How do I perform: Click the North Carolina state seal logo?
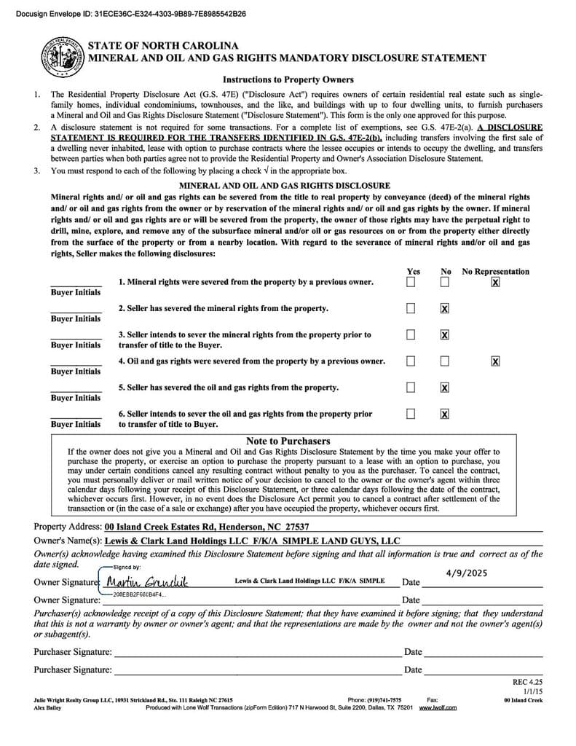pyautogui.click(x=60, y=55)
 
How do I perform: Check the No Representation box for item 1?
pyautogui.click(x=495, y=282)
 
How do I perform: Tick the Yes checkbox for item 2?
pyautogui.click(x=411, y=309)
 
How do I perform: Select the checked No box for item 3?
pyautogui.click(x=444, y=335)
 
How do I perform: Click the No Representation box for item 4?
pyautogui.click(x=495, y=361)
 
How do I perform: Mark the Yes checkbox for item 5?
pyautogui.click(x=411, y=388)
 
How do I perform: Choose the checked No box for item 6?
pyautogui.click(x=444, y=414)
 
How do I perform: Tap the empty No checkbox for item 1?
pyautogui.click(x=444, y=282)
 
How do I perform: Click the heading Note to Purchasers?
pyautogui.click(x=288, y=441)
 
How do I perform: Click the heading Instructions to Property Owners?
pyautogui.click(x=288, y=79)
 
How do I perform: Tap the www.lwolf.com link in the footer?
pyautogui.click(x=438, y=707)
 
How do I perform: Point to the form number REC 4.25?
pyautogui.click(x=528, y=682)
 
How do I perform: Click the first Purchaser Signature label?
pyautogui.click(x=73, y=652)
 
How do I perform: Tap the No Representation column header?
pyautogui.click(x=495, y=272)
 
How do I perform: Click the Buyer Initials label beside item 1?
pyautogui.click(x=76, y=292)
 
